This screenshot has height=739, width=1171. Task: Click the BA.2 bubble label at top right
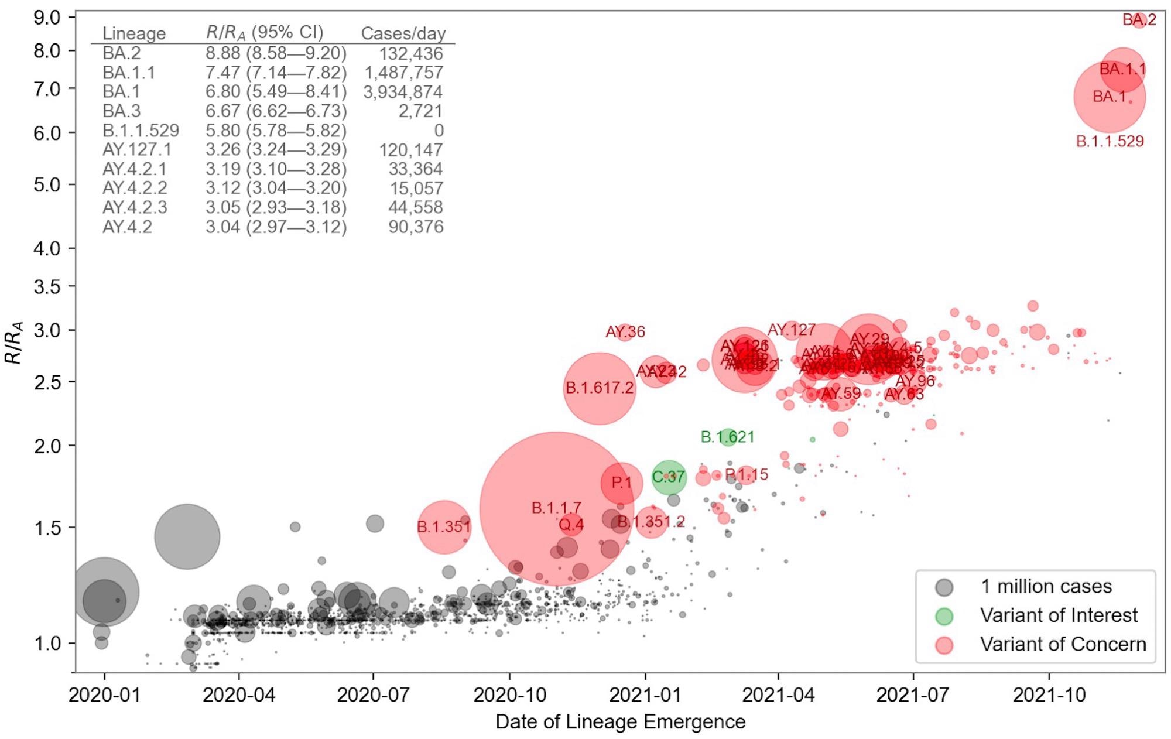[x=1139, y=20]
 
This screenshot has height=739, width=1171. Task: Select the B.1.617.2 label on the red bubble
[x=600, y=388]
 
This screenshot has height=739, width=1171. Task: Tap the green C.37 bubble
[x=669, y=477]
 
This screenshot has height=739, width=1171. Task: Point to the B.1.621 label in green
[x=727, y=437]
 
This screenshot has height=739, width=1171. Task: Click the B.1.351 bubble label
[x=444, y=527]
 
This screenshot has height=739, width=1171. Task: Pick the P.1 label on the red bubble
[x=621, y=483]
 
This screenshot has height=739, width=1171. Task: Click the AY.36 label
[x=625, y=332]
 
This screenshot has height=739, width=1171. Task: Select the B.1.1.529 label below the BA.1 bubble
[x=1110, y=141]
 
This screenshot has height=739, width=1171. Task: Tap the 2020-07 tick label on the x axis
[x=373, y=695]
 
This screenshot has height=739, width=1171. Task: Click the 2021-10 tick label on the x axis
[x=1049, y=695]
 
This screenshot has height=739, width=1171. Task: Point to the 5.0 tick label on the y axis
[x=47, y=185]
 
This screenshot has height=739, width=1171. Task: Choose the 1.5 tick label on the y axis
[x=47, y=528]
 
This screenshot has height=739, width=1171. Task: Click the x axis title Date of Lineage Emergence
[x=620, y=722]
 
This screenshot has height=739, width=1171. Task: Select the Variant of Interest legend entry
[x=1059, y=615]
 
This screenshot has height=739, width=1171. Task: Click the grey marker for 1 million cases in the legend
[x=944, y=587]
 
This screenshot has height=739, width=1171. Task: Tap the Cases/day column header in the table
[x=403, y=33]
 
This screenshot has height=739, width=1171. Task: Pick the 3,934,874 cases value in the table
[x=403, y=92]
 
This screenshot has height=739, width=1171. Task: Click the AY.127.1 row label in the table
[x=137, y=150]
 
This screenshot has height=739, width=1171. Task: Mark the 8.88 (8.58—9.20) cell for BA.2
[x=276, y=53]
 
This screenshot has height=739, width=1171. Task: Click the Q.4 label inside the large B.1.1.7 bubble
[x=571, y=525]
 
